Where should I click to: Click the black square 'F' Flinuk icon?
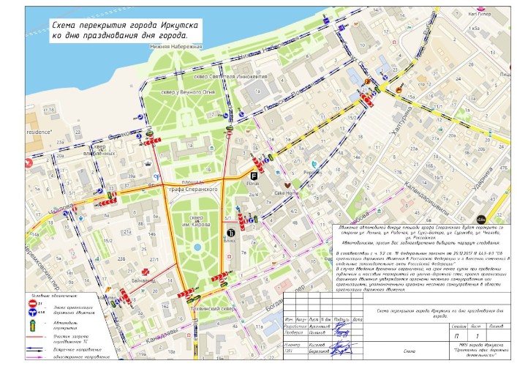coord(254,176)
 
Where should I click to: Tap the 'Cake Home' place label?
coord(284,193)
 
